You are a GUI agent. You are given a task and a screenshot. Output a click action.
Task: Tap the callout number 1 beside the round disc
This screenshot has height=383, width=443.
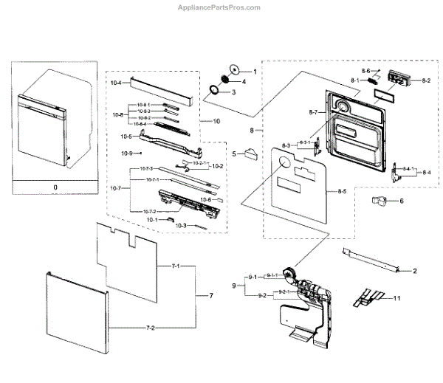(x=254, y=71)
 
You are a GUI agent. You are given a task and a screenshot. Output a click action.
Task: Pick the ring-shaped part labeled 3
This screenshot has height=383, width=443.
(x=214, y=92)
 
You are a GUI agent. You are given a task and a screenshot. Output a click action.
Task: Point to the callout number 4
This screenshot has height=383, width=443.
(x=244, y=81)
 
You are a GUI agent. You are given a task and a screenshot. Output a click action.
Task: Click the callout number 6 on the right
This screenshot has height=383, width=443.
(x=402, y=201)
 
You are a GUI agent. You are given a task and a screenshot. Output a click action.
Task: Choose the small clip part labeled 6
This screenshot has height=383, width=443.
(x=380, y=200)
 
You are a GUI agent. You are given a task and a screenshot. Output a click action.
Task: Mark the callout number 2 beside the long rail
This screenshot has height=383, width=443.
(x=414, y=272)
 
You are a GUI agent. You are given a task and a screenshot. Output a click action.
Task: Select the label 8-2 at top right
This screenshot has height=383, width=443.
(x=426, y=80)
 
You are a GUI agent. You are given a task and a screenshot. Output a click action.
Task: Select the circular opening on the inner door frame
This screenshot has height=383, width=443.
(x=343, y=110)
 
